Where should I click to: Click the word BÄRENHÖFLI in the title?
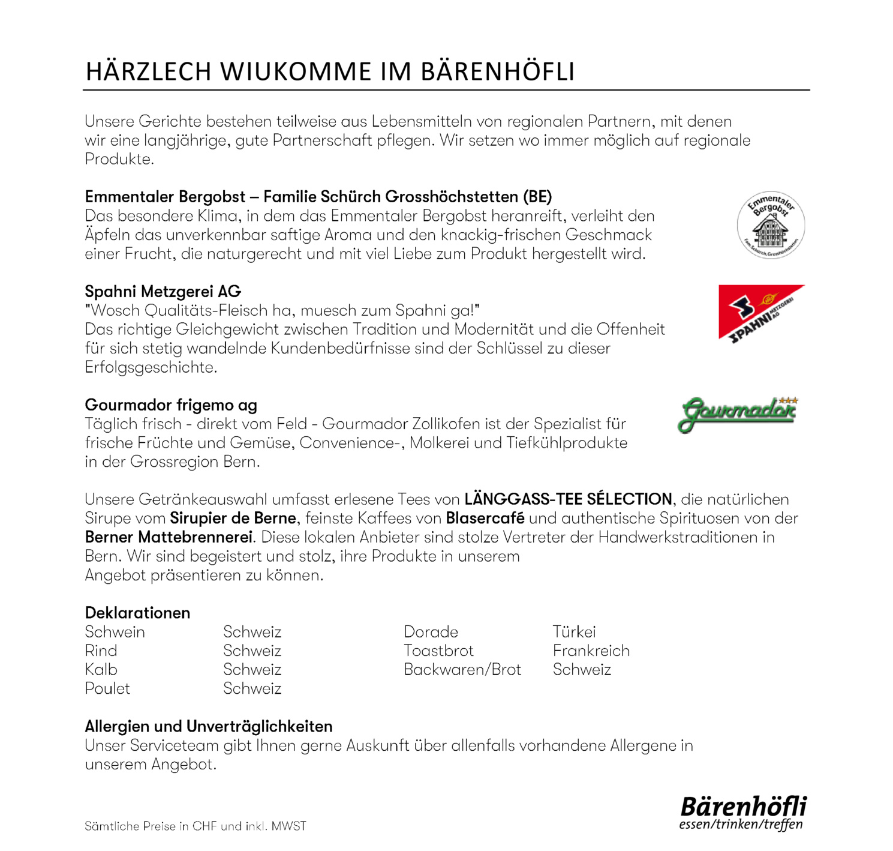click(x=497, y=71)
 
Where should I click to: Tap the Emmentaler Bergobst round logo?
click(x=771, y=226)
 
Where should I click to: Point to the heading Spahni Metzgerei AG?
click(x=163, y=292)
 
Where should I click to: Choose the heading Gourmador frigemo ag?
click(x=171, y=405)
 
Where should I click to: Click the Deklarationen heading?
click(x=137, y=613)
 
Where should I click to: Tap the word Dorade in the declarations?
click(x=431, y=632)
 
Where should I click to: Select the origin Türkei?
click(x=574, y=632)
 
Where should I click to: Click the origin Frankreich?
click(x=591, y=651)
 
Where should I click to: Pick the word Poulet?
click(x=107, y=688)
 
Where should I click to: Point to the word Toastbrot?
click(x=438, y=651)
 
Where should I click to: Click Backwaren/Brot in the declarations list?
click(x=462, y=670)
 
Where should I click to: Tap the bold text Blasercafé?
click(x=485, y=518)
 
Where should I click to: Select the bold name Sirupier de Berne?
click(x=233, y=518)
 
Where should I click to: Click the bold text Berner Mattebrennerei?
click(x=169, y=537)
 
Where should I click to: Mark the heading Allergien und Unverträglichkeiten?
click(x=209, y=726)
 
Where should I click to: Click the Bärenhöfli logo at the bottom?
click(x=743, y=813)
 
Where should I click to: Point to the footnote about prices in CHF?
click(x=195, y=826)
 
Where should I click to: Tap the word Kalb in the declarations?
click(x=101, y=670)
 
